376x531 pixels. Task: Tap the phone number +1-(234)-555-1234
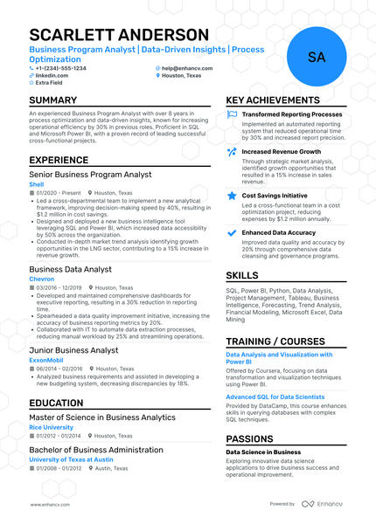pos(60,67)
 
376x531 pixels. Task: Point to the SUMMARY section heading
pos(52,100)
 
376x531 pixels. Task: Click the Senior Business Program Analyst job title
pos(90,175)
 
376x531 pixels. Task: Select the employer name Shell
pos(36,184)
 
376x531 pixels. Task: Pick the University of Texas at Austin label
pos(71,459)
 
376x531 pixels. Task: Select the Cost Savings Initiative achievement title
pos(275,196)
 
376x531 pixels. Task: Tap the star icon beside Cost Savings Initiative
pos(232,196)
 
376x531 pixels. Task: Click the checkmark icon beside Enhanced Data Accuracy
pos(232,233)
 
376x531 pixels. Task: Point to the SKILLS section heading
pos(247,274)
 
